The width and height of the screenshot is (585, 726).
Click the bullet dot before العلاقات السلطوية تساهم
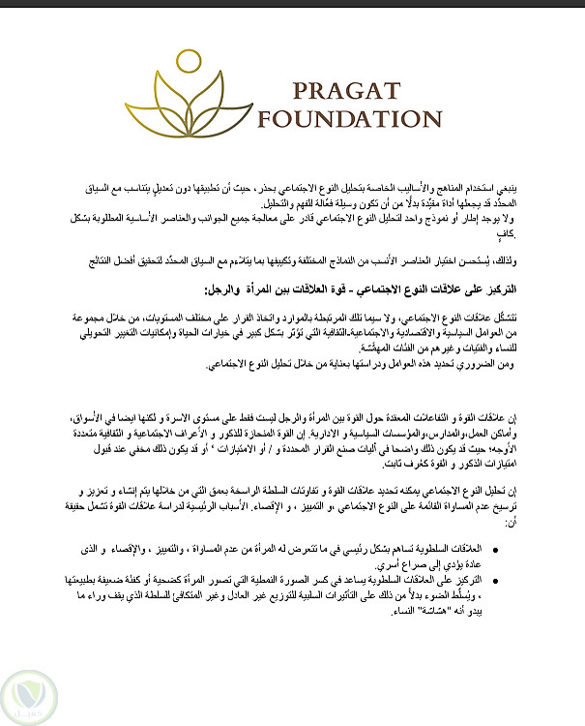pos(563,549)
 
